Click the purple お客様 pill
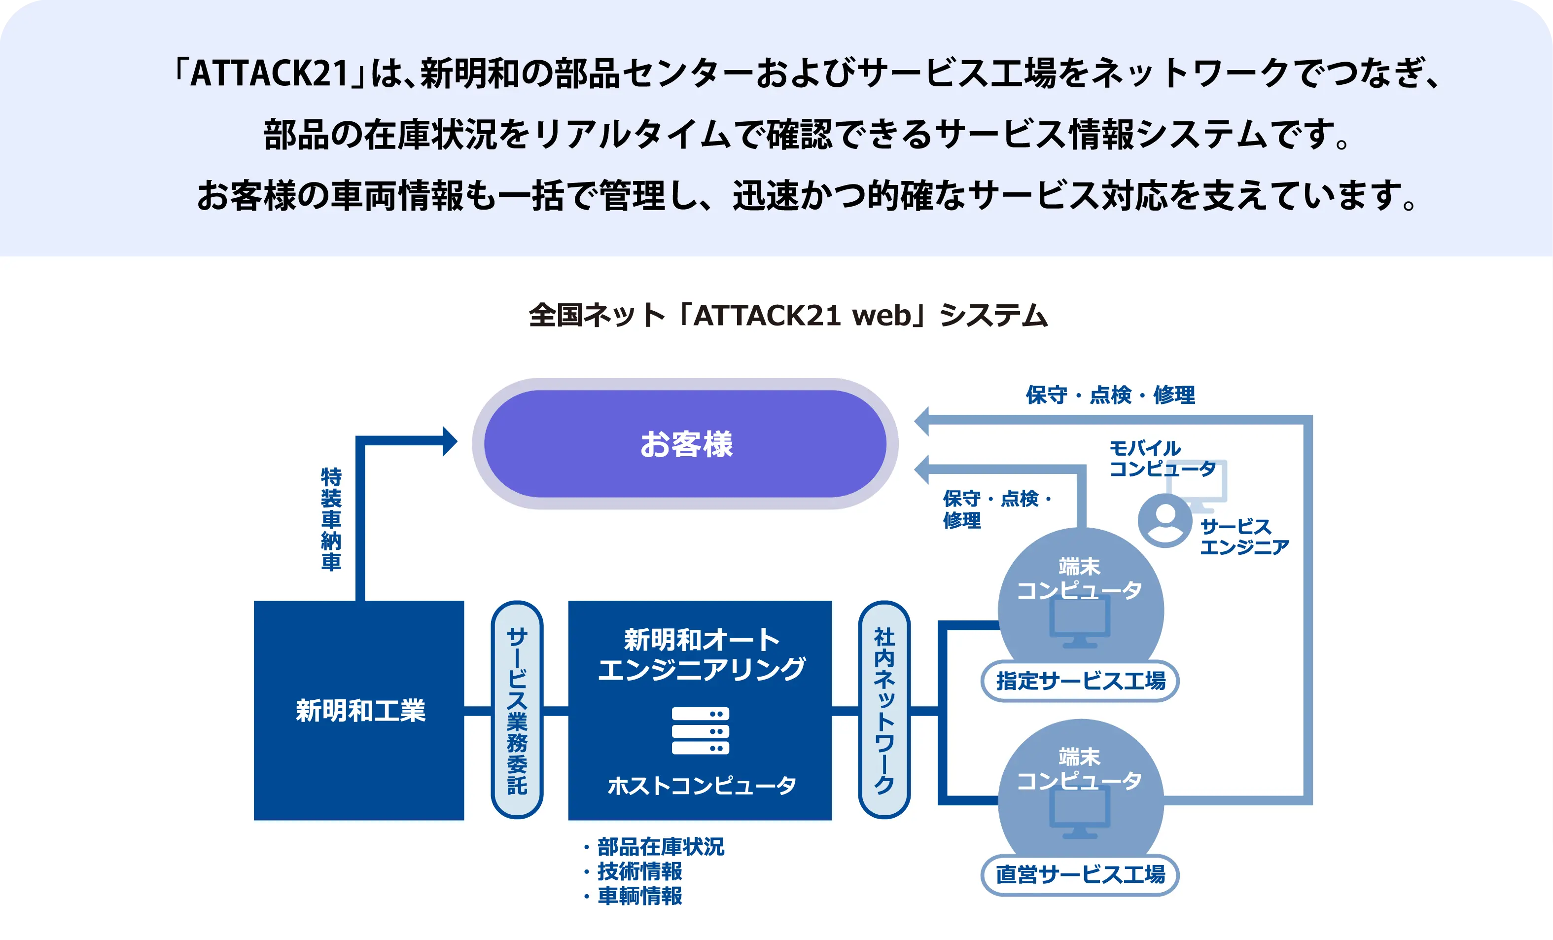tap(685, 443)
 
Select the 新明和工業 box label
tap(360, 711)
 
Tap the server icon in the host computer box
tap(700, 731)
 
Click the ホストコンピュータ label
tap(702, 786)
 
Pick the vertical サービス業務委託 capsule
tap(517, 710)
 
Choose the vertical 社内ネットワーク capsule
tap(884, 710)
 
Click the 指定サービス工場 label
tap(1080, 681)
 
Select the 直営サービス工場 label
tap(1080, 874)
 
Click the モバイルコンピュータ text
tap(1161, 458)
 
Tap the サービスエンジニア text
tap(1243, 537)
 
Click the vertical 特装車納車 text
tap(331, 519)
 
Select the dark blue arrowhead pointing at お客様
tap(450, 441)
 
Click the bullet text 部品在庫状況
tap(661, 847)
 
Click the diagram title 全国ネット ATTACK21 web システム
tap(788, 315)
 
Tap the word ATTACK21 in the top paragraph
tap(269, 73)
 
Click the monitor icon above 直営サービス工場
tap(1080, 813)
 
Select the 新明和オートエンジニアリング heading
tap(701, 654)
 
